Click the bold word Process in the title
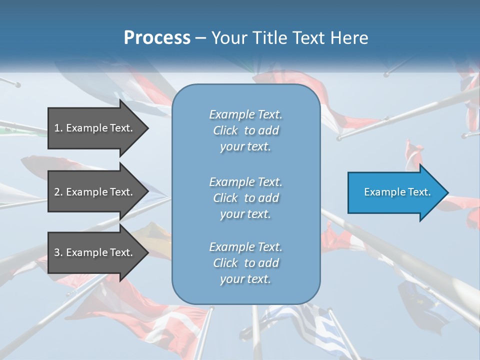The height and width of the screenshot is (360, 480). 157,38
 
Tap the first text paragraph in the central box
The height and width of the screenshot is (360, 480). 245,130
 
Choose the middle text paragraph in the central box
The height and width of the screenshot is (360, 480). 245,198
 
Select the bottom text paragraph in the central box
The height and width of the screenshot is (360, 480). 245,263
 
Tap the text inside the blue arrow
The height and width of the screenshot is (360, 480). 397,192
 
